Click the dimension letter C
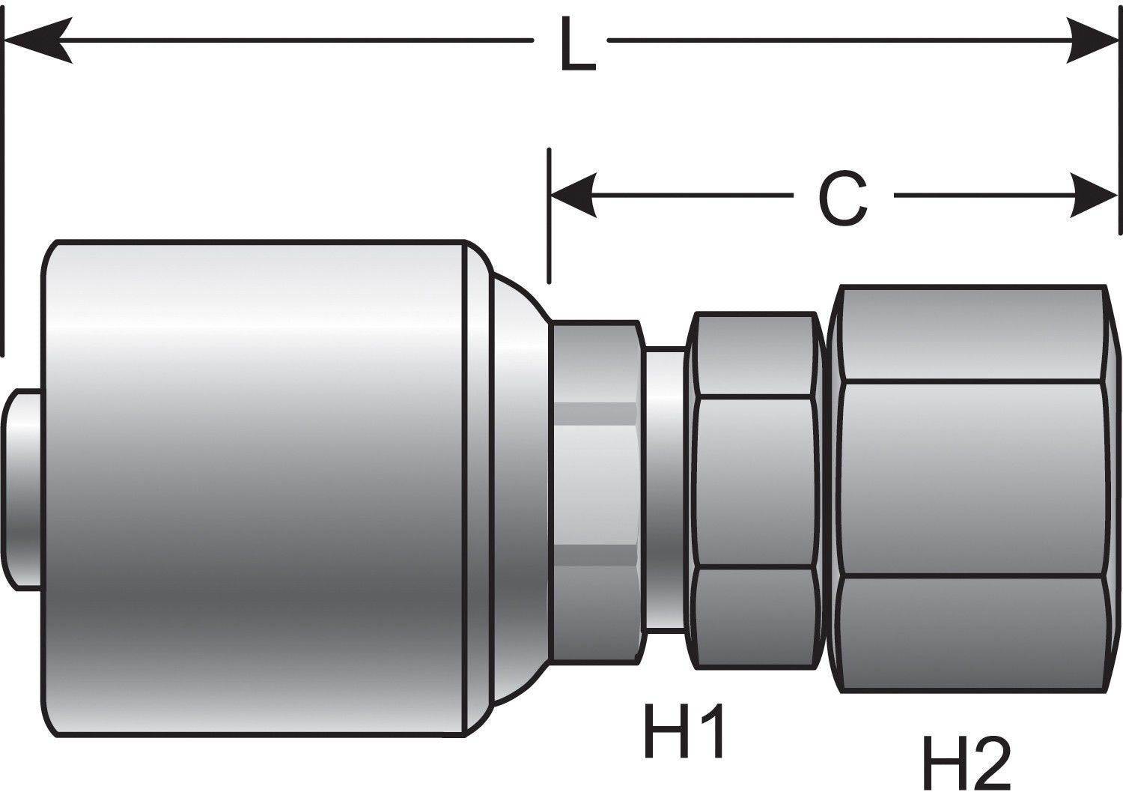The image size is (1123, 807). coord(842,199)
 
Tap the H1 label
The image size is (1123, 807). coord(684,731)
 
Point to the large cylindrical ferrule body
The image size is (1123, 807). coord(255,487)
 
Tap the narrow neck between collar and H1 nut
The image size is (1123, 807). coord(665,487)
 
